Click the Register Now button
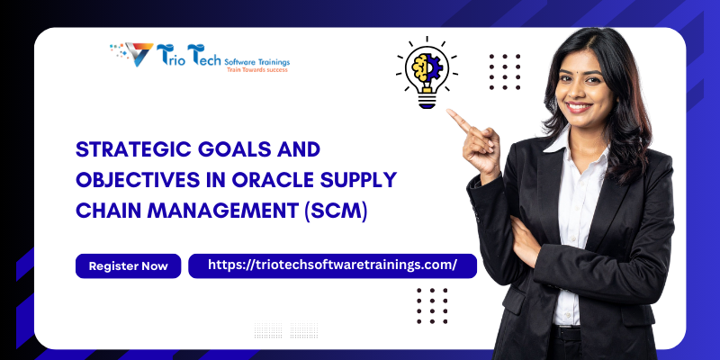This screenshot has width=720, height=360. tap(129, 266)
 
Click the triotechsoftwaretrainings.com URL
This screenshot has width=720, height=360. tap(332, 265)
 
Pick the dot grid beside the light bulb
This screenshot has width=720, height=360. tap(505, 71)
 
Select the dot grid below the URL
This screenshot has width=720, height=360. tap(432, 305)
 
